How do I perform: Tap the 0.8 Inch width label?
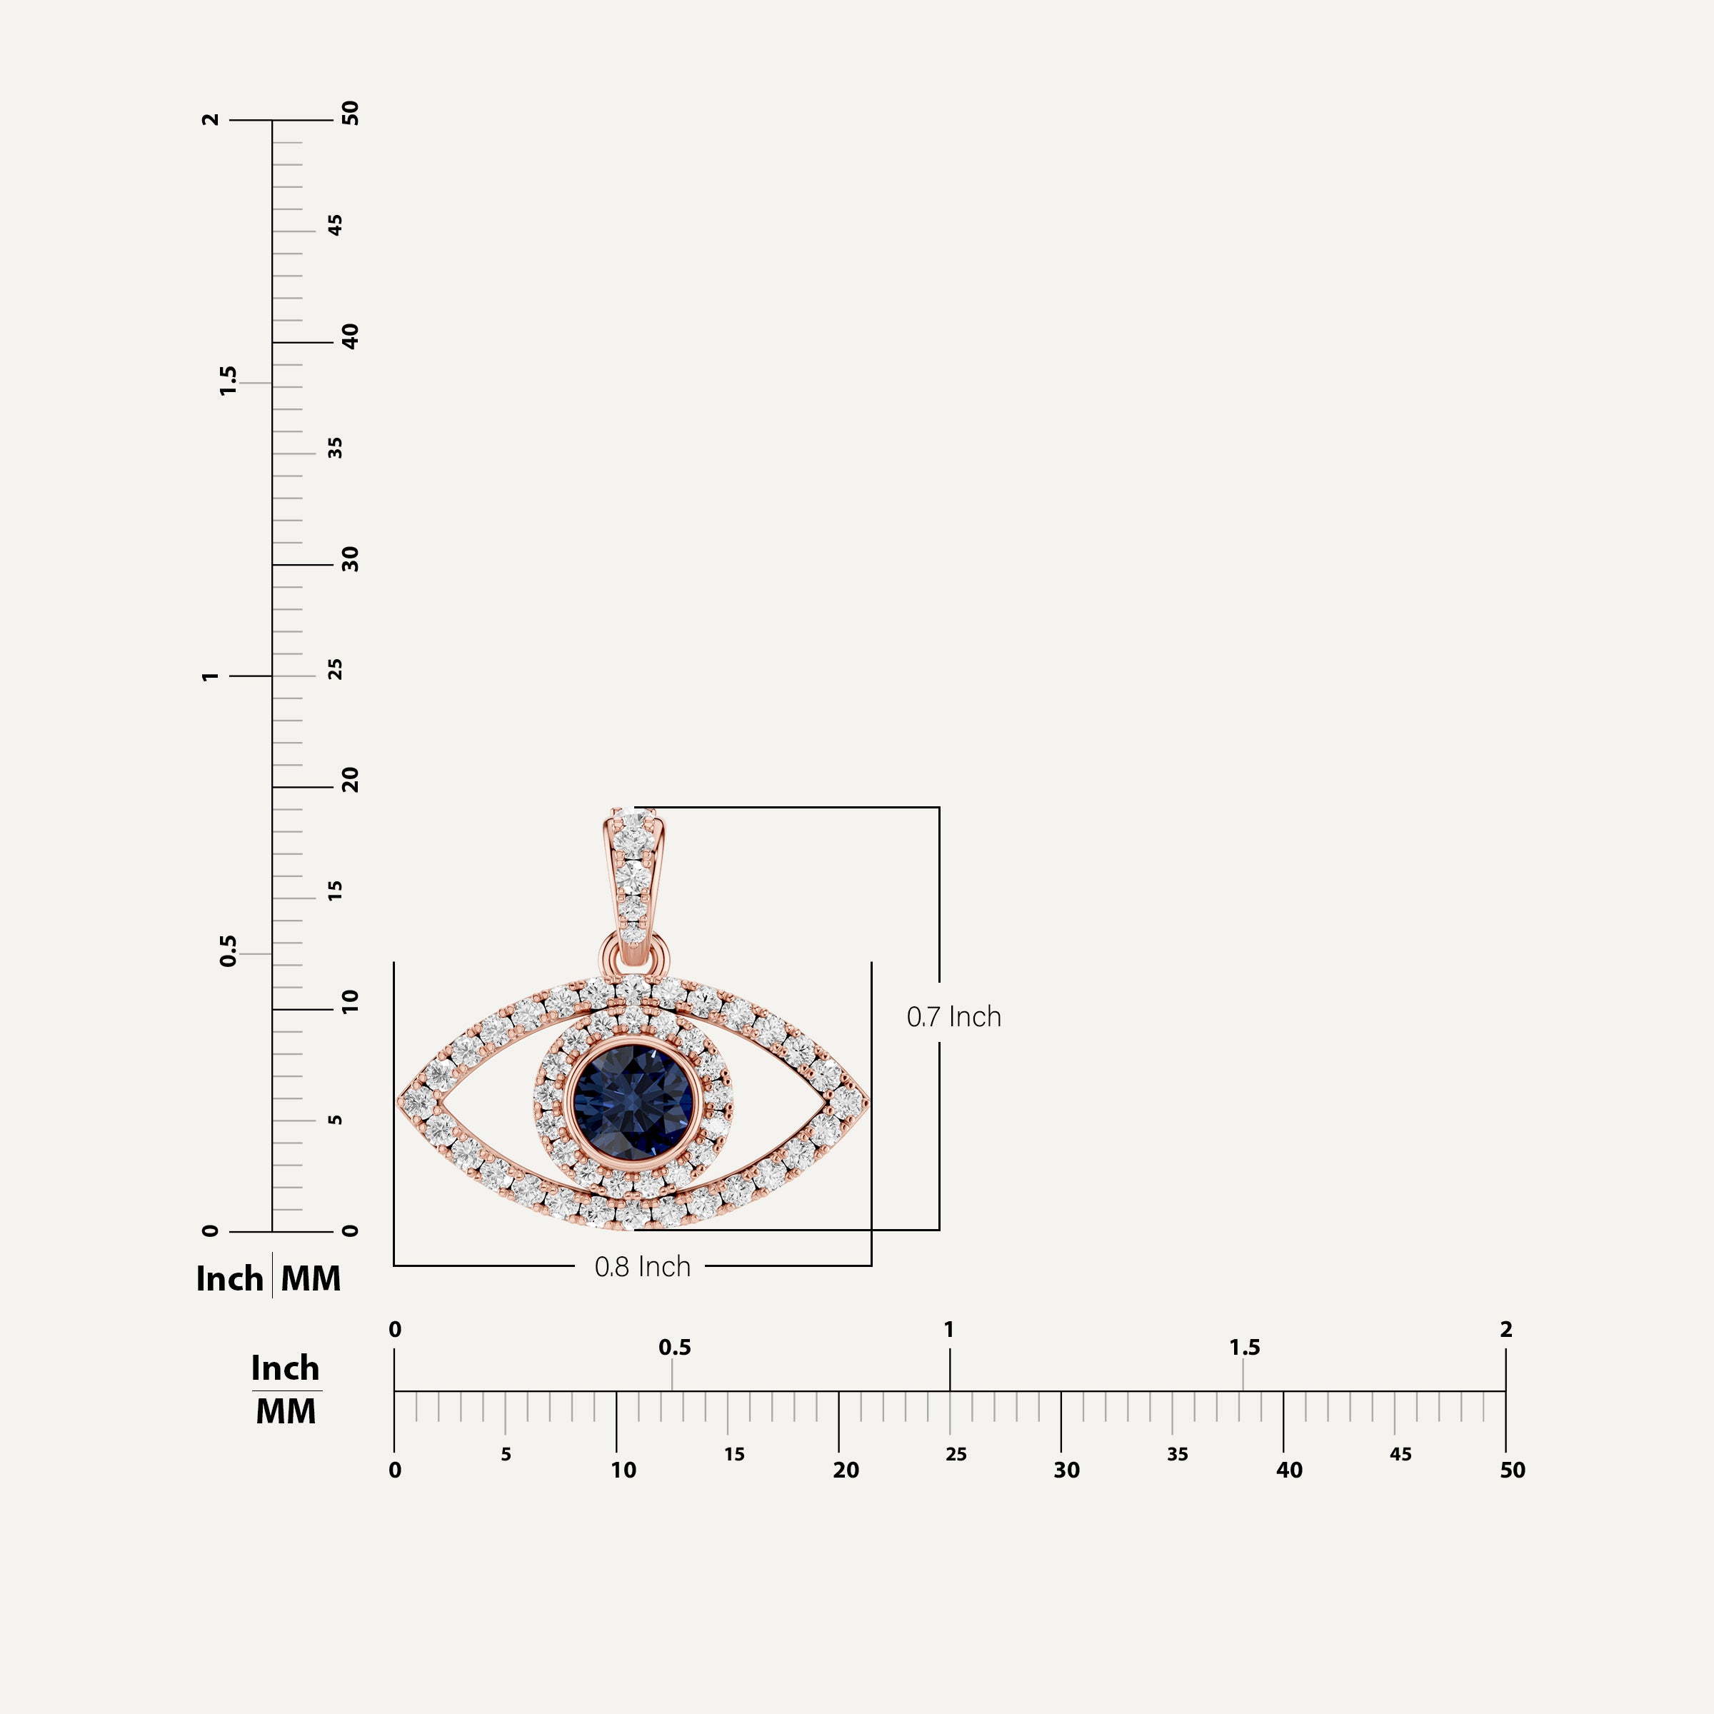[642, 1267]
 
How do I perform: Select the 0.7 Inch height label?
[953, 1017]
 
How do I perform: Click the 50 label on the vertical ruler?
[351, 114]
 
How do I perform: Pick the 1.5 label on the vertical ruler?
[228, 381]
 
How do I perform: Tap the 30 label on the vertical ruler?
[351, 559]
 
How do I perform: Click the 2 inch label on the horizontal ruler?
[1505, 1329]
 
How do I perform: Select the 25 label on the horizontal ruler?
[956, 1454]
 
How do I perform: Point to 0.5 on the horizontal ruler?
[674, 1348]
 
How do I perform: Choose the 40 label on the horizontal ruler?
[1289, 1470]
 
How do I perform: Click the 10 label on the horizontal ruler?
[623, 1470]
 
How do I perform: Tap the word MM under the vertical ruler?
[311, 1278]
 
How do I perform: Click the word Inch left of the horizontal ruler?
[285, 1368]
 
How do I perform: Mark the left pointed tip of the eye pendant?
[399, 1101]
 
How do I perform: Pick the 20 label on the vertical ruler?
[351, 781]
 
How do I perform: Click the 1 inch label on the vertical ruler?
[209, 676]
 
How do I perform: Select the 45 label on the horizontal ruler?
[1400, 1454]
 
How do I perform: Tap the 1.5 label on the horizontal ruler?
[1244, 1348]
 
